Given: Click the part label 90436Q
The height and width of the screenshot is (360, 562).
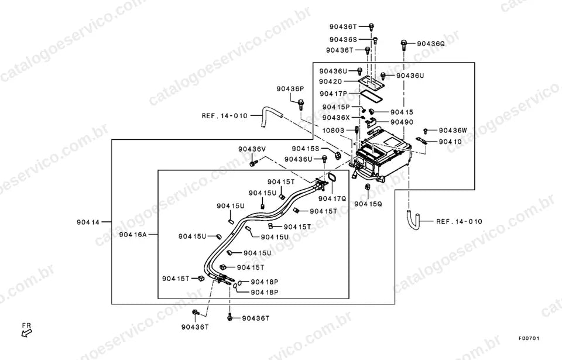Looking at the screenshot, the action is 430,44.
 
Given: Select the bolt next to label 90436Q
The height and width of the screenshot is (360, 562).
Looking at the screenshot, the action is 403,45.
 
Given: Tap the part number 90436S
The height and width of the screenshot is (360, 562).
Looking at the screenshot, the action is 343,40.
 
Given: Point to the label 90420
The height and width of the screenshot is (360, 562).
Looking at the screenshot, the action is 330,82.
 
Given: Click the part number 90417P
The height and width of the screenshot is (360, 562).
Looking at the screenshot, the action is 333,94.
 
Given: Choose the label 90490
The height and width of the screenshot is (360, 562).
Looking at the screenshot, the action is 402,122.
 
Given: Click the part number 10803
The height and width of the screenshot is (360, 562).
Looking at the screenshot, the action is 333,131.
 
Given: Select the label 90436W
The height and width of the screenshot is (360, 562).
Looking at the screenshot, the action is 453,131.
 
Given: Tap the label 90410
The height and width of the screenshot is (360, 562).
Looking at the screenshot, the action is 450,142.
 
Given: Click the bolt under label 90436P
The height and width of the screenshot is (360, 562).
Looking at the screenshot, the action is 300,105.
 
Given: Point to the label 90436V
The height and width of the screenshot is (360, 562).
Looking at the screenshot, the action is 252,149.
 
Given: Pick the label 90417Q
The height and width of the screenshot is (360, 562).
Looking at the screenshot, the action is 333,198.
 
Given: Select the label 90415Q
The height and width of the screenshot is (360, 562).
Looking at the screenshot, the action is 368,204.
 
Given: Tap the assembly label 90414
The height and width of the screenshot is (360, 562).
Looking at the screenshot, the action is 88,222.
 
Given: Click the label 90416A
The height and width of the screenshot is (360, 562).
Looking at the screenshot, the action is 133,235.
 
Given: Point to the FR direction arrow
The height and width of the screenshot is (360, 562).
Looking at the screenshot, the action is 26,333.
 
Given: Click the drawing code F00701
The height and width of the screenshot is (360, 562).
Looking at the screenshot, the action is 529,338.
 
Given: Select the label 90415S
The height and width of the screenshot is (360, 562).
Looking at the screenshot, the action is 306,149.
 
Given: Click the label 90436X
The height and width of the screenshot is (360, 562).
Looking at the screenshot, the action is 336,118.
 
